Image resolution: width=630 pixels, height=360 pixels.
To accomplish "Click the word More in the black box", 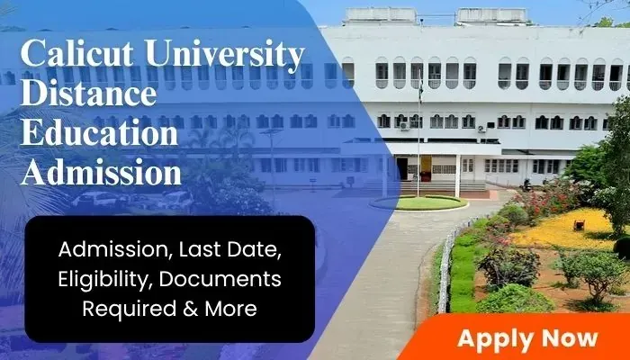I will (231, 308).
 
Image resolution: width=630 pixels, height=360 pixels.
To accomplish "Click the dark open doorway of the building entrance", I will (402, 168).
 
